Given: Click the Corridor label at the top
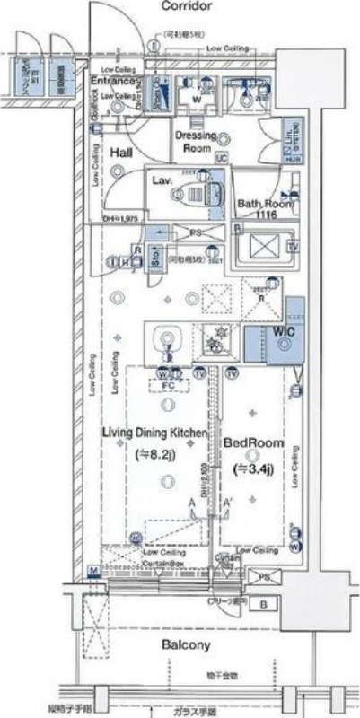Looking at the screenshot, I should pyautogui.click(x=186, y=7).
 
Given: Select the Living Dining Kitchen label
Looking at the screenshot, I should pyautogui.click(x=154, y=434).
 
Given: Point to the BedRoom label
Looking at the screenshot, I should pyautogui.click(x=253, y=443).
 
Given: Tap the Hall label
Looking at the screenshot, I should pyautogui.click(x=121, y=153).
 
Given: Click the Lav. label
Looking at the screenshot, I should pyautogui.click(x=162, y=180).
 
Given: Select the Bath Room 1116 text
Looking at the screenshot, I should pyautogui.click(x=263, y=209).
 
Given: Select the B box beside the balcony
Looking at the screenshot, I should pyautogui.click(x=263, y=603).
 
